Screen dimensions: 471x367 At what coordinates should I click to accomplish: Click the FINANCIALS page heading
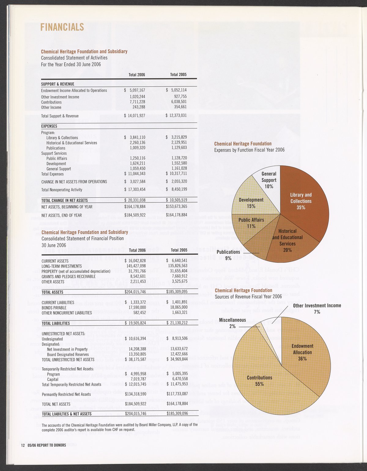pyautogui.click(x=62, y=27)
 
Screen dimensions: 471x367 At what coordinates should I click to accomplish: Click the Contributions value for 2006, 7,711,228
pyautogui.click(x=137, y=102)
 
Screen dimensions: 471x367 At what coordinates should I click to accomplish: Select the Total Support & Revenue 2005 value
pyautogui.click(x=176, y=116)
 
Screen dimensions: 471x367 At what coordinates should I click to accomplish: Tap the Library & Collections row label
pyautogui.click(x=62, y=138)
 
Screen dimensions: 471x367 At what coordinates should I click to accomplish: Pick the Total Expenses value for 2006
pyautogui.click(x=135, y=174)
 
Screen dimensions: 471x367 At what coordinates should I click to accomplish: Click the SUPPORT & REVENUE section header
pyautogui.click(x=58, y=84)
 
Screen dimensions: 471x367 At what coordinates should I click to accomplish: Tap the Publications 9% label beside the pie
pyautogui.click(x=228, y=255)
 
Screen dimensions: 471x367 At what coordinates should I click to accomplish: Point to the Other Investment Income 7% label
pyautogui.click(x=317, y=309)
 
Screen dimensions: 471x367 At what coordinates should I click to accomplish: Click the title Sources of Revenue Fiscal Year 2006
pyautogui.click(x=248, y=297)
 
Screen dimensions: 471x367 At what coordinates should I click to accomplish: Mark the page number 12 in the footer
pyautogui.click(x=23, y=445)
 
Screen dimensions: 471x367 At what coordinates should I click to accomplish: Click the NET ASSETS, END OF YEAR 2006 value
pyautogui.click(x=135, y=215)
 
